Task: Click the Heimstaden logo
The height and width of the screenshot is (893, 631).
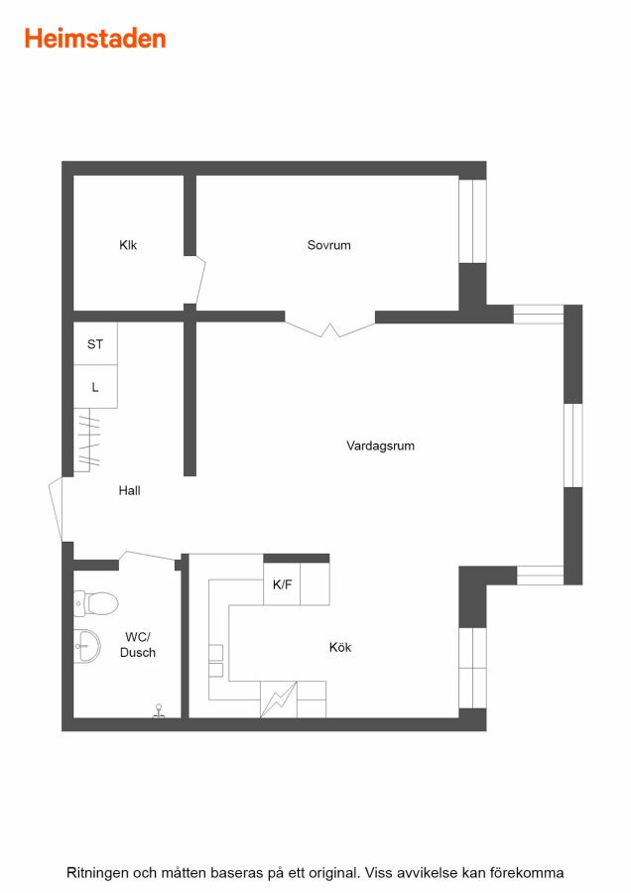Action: point(95,39)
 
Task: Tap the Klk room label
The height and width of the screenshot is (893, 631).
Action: point(128,245)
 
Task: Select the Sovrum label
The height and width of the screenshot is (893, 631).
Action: point(328,245)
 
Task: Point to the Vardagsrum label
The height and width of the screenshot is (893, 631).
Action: point(380,446)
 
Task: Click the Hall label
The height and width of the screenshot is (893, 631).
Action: point(129,490)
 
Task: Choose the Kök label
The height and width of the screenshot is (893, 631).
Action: point(340,647)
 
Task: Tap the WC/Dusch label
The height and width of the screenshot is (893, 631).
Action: point(138,645)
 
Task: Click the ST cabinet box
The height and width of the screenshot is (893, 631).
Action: point(95,343)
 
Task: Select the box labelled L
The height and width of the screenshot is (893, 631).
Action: point(95,387)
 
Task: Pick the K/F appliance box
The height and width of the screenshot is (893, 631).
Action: point(282,583)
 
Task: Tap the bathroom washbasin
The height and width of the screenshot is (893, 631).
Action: point(87,646)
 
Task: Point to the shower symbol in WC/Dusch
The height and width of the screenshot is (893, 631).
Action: point(159,711)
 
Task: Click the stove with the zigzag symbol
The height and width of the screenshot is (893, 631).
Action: point(279,700)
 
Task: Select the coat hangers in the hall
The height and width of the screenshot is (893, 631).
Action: point(88,440)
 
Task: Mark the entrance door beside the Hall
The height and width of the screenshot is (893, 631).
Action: point(56,509)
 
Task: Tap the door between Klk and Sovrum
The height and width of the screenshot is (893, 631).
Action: point(198,280)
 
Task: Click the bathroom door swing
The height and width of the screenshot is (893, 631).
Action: point(148,558)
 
